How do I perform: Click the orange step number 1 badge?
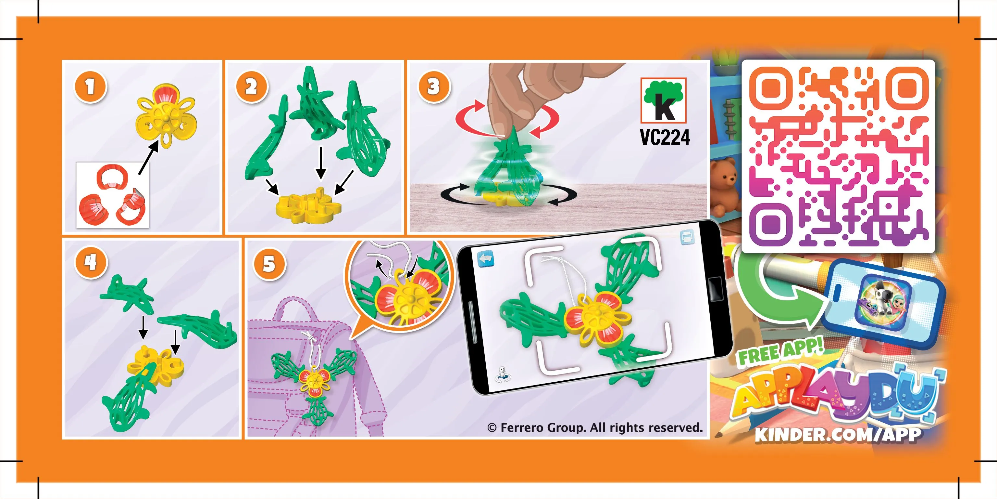click(90, 87)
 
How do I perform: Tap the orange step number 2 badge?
click(252, 87)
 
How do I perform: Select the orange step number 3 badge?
click(434, 87)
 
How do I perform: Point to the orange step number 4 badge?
click(91, 262)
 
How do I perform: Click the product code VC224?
click(665, 137)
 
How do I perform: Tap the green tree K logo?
click(663, 100)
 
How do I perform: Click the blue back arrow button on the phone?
click(486, 259)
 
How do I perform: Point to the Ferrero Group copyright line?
click(595, 428)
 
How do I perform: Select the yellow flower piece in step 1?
click(166, 117)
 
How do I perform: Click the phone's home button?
click(715, 289)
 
